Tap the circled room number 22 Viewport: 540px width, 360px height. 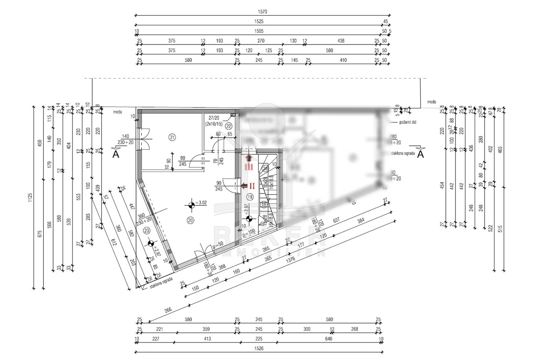(x=229, y=126)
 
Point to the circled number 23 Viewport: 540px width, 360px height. (x=146, y=230)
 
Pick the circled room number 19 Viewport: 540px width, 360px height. (x=251, y=197)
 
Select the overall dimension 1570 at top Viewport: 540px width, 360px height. (x=262, y=12)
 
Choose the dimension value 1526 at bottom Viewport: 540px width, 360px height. (x=259, y=348)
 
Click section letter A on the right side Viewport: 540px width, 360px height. (x=420, y=154)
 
